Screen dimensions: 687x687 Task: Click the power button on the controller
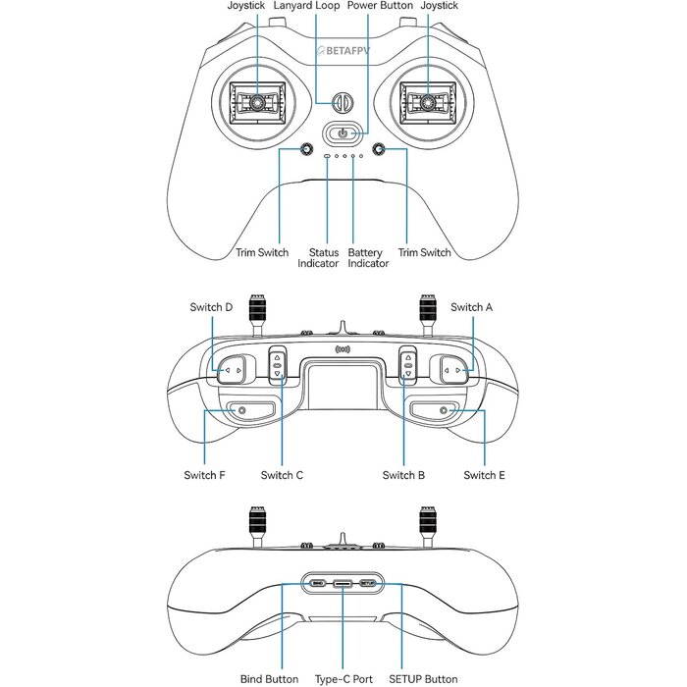pos(343,132)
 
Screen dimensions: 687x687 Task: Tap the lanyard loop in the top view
pos(343,103)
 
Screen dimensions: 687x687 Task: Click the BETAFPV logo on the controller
pos(343,51)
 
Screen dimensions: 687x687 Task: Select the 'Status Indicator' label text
pos(319,258)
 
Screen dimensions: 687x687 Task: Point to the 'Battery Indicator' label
pos(368,258)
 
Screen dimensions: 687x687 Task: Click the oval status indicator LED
pos(327,156)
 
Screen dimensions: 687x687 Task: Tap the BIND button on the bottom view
pos(317,584)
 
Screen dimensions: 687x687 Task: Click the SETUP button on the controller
pos(368,584)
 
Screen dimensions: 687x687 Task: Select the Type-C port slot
pos(343,584)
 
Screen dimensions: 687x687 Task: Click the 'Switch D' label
pos(211,307)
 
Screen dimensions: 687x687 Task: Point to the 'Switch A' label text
pos(471,307)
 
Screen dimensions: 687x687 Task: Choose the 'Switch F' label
pos(204,475)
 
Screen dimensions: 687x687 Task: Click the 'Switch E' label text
pos(484,475)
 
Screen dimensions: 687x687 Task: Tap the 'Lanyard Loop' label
pos(306,6)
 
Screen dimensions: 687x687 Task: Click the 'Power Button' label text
pos(380,6)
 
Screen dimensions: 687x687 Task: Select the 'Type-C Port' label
pos(343,679)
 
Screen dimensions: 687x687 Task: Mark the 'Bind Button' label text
pos(270,679)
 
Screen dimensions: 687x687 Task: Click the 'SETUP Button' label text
pos(423,679)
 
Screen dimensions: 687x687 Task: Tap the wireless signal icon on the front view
pos(343,349)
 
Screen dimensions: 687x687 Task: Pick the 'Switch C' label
pos(282,475)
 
